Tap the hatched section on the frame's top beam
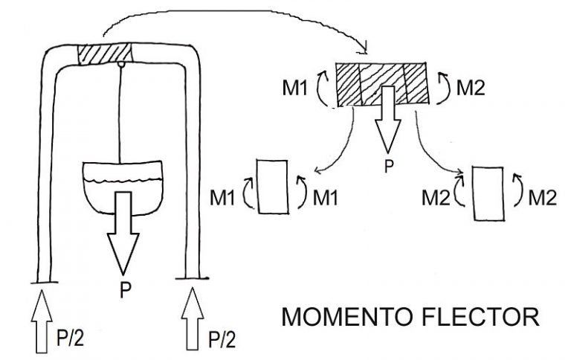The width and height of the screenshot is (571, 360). (105, 54)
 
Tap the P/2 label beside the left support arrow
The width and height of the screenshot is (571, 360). (71, 340)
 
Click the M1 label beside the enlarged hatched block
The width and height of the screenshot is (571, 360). (300, 88)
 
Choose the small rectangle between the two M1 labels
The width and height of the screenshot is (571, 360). (271, 186)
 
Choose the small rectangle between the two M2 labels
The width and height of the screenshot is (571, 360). (489, 193)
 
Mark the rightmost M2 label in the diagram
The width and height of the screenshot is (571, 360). (542, 198)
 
